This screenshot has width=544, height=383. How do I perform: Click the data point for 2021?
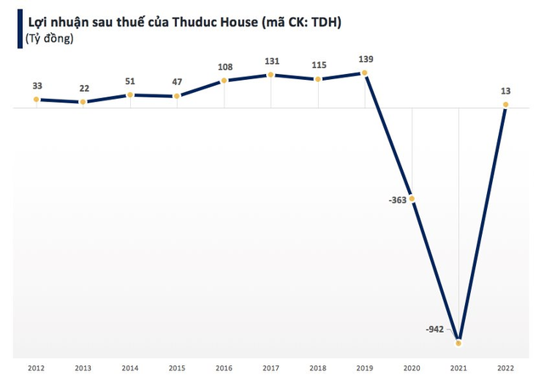(x=459, y=343)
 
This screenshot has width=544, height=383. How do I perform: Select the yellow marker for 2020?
(x=412, y=199)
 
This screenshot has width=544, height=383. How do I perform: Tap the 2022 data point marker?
(x=506, y=106)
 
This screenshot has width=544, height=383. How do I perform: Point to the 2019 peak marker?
(x=365, y=73)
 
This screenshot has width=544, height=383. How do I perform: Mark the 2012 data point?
(x=37, y=100)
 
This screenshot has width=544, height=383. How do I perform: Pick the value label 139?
(x=365, y=58)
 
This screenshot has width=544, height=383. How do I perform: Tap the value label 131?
(x=271, y=60)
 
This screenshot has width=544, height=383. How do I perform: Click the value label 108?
(x=224, y=66)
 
